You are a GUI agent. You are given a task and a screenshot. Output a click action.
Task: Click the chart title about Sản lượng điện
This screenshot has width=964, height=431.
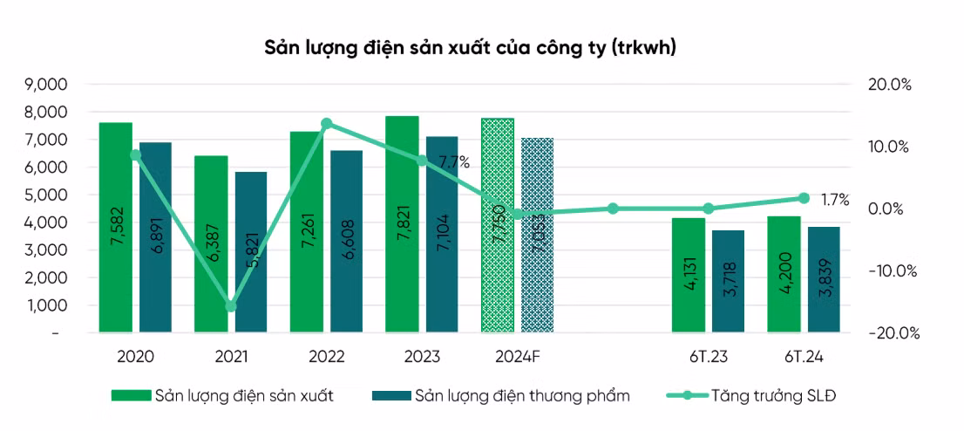(x=470, y=48)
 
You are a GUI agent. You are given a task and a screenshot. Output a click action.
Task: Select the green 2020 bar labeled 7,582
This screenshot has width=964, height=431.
(x=115, y=227)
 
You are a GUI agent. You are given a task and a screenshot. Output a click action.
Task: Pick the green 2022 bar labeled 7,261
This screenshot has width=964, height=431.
(x=306, y=231)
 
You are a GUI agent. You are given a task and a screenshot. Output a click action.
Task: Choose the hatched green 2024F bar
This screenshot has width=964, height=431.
(x=497, y=225)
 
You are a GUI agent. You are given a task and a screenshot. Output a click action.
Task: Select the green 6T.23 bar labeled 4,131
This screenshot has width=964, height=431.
(x=688, y=275)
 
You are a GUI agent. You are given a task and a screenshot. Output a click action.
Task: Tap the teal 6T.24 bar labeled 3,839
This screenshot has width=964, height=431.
(x=824, y=279)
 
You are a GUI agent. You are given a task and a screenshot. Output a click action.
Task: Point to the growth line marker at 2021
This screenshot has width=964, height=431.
(x=231, y=306)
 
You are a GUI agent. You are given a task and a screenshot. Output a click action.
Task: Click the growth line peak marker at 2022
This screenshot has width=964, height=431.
(x=327, y=124)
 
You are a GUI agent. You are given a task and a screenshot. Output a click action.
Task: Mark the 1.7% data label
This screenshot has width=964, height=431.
(x=834, y=200)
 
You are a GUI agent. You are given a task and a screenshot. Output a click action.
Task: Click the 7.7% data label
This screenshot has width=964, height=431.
(x=454, y=162)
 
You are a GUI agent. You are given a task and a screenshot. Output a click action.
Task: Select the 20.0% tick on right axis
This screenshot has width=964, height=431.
(x=889, y=85)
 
